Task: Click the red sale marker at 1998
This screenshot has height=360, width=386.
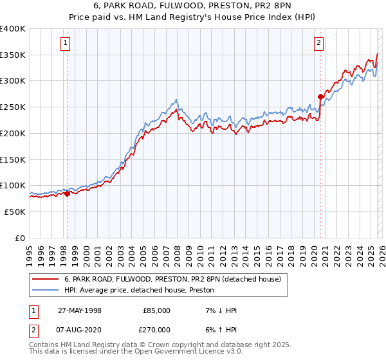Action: [67, 194]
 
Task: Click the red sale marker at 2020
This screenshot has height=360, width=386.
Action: [320, 96]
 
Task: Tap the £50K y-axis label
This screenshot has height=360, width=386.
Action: [14, 212]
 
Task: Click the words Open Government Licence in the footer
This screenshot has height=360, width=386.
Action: [176, 352]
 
